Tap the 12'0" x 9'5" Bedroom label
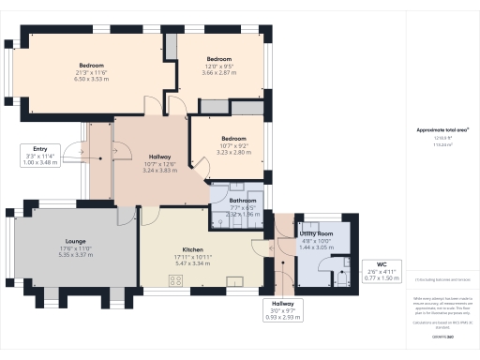[218, 65]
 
